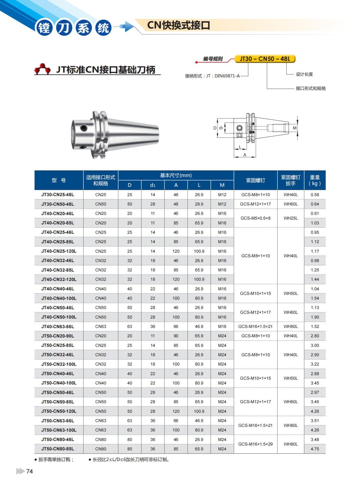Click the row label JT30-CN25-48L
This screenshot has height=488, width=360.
point(58,195)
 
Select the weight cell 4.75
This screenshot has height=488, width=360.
point(315,449)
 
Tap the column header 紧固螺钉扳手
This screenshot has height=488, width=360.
point(290,180)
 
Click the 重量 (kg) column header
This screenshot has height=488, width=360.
point(315,180)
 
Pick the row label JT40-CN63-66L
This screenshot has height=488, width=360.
point(58,327)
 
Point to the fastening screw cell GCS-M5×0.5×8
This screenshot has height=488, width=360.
point(256,218)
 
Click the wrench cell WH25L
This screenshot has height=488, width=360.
point(291,218)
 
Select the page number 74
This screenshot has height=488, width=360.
point(29,472)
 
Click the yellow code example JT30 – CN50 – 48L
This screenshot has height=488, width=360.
point(265,59)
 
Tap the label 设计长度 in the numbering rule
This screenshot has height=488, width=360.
point(304,74)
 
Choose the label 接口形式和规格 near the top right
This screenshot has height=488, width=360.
point(310,88)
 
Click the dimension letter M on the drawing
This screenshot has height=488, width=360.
point(295,128)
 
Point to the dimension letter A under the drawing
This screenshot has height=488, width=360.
point(245,155)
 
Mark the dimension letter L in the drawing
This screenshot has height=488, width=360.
point(240,147)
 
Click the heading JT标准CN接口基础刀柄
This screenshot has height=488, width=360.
point(106,70)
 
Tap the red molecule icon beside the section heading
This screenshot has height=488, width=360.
point(42,69)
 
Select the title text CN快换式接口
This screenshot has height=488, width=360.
point(178,25)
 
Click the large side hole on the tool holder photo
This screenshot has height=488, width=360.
point(84,128)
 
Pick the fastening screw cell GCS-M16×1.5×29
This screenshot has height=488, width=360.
point(256,444)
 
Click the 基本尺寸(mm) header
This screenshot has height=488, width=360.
point(176,175)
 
